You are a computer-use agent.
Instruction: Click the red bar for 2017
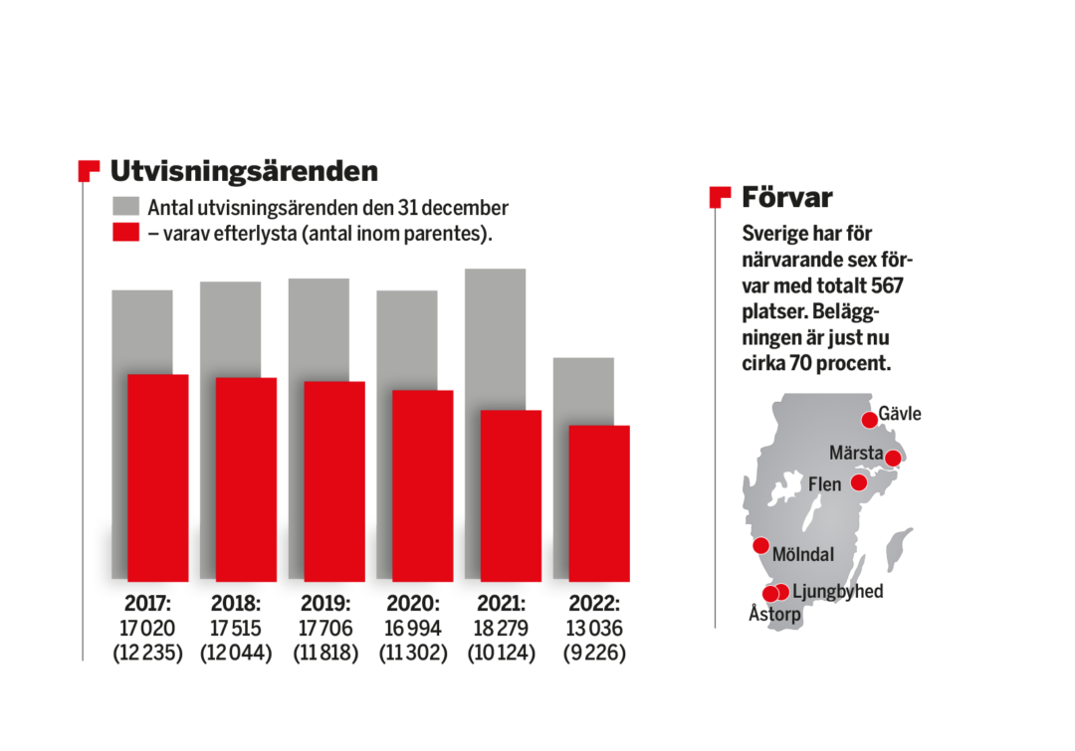click(158, 477)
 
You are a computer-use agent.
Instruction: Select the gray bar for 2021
click(495, 338)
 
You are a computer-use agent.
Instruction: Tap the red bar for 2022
click(599, 503)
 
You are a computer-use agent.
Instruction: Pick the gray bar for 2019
click(319, 329)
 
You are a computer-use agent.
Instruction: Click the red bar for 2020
click(423, 485)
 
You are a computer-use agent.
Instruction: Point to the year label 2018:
click(236, 604)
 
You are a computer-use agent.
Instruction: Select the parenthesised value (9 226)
click(594, 654)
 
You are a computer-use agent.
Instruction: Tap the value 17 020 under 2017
click(148, 629)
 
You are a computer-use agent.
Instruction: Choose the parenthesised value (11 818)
click(324, 654)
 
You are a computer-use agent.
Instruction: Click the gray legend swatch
click(125, 208)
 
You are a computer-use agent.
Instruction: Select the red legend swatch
click(125, 233)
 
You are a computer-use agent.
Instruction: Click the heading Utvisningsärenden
click(244, 171)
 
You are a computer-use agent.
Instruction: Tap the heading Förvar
click(786, 197)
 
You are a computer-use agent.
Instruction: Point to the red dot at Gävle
click(870, 420)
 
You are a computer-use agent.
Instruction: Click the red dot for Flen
click(859, 482)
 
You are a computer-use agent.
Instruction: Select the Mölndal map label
click(802, 554)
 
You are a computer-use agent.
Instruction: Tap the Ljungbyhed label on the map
click(838, 592)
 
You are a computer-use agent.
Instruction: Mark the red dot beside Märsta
click(893, 459)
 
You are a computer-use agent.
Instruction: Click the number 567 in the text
click(886, 286)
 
